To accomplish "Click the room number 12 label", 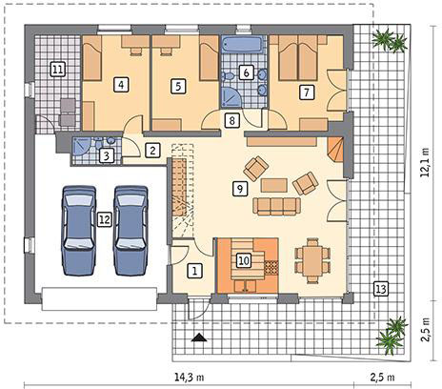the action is (105, 219).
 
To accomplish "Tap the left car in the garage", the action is (79, 231).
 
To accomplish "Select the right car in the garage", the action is (131, 231).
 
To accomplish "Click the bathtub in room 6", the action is (243, 44).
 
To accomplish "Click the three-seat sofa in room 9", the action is (276, 206).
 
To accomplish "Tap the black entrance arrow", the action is (199, 338).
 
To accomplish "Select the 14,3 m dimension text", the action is (190, 378).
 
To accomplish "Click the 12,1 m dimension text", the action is (425, 162).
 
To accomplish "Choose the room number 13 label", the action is (381, 289).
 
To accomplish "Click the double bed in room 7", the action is (298, 58).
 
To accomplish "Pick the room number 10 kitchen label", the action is (244, 261).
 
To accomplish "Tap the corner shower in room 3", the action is (82, 147).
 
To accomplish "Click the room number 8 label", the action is (231, 121).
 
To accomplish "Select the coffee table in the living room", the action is (274, 185).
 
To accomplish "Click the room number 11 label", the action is (58, 69).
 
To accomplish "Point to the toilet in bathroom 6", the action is (228, 76).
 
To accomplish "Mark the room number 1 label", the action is (194, 271).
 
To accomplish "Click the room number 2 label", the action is (152, 151).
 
